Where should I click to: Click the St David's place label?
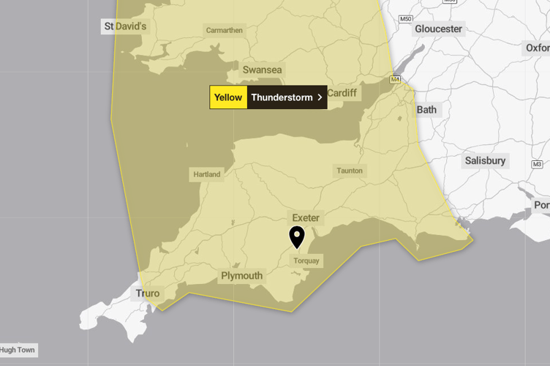pos(125,26)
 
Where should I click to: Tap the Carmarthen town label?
pos(224,31)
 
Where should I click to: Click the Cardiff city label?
pos(342,93)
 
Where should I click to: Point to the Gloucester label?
pos(438,29)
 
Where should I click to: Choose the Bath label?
pos(426,110)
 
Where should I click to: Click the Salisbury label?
pos(485,160)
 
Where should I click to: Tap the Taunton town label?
pos(350,171)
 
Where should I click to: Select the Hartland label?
pos(206,175)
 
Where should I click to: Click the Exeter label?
pos(306,218)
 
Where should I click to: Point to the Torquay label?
pos(306,261)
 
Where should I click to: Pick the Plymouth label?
pos(241,276)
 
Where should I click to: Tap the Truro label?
pos(147,294)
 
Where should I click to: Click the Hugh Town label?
pos(18,350)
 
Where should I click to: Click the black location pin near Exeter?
pos(296,236)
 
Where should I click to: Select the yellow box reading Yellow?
pos(228,97)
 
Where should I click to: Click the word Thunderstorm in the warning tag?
pos(282,97)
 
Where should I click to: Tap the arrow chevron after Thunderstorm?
pos(320,97)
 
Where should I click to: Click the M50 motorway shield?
pos(405,18)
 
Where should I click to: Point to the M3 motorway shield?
pos(537,163)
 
